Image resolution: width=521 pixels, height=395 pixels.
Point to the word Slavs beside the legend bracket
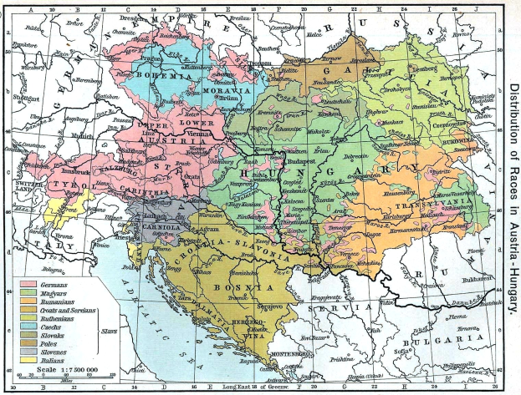click(x=108, y=331)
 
